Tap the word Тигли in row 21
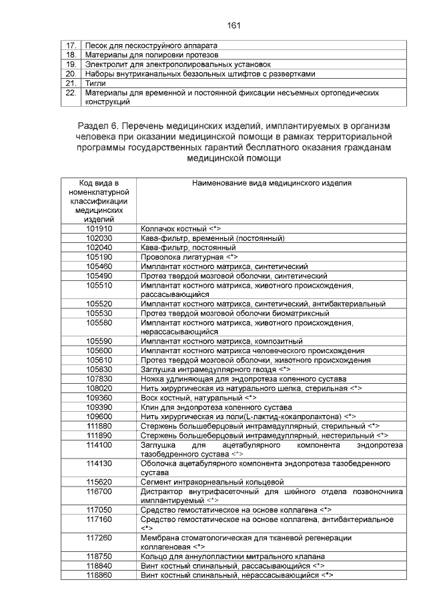96,83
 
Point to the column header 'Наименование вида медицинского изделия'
272,182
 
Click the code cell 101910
99,228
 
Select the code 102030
99,238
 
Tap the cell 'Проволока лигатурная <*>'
189,256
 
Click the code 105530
99,312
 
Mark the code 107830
99,378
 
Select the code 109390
99,406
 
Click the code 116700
99,491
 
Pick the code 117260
99,537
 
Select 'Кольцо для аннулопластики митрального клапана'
233,555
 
